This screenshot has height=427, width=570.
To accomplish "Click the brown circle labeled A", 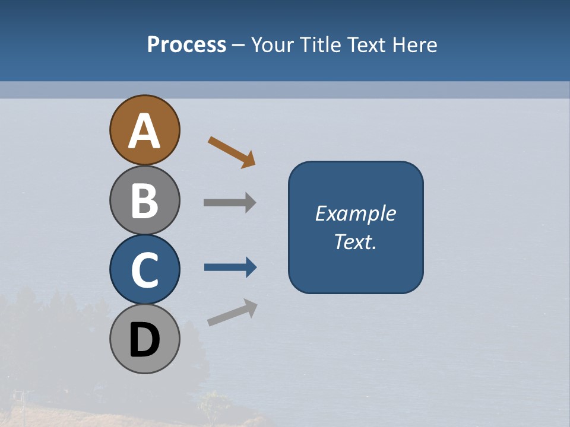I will (144, 130).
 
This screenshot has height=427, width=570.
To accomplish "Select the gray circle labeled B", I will (144, 200).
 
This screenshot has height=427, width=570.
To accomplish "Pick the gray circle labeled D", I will (144, 339).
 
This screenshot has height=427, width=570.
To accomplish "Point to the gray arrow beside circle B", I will (229, 203).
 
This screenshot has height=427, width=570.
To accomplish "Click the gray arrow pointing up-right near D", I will (232, 313).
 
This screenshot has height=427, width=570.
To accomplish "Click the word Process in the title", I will (186, 44).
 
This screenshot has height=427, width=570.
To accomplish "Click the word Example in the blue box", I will (355, 213).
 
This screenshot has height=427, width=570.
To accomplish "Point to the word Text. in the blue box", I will (355, 241).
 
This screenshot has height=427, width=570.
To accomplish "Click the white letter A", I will (144, 132).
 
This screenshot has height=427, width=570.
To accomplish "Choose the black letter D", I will (144, 340).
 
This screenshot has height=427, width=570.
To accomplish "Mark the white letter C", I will (144, 270).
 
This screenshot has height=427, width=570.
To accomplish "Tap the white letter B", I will (144, 201).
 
